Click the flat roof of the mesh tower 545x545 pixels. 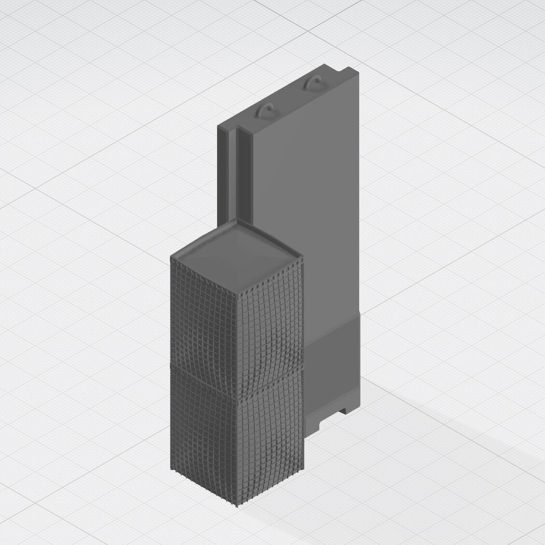[x=237, y=253]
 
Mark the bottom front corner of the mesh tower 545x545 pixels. [x=237, y=505]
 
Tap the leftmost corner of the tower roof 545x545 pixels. [x=171, y=258]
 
